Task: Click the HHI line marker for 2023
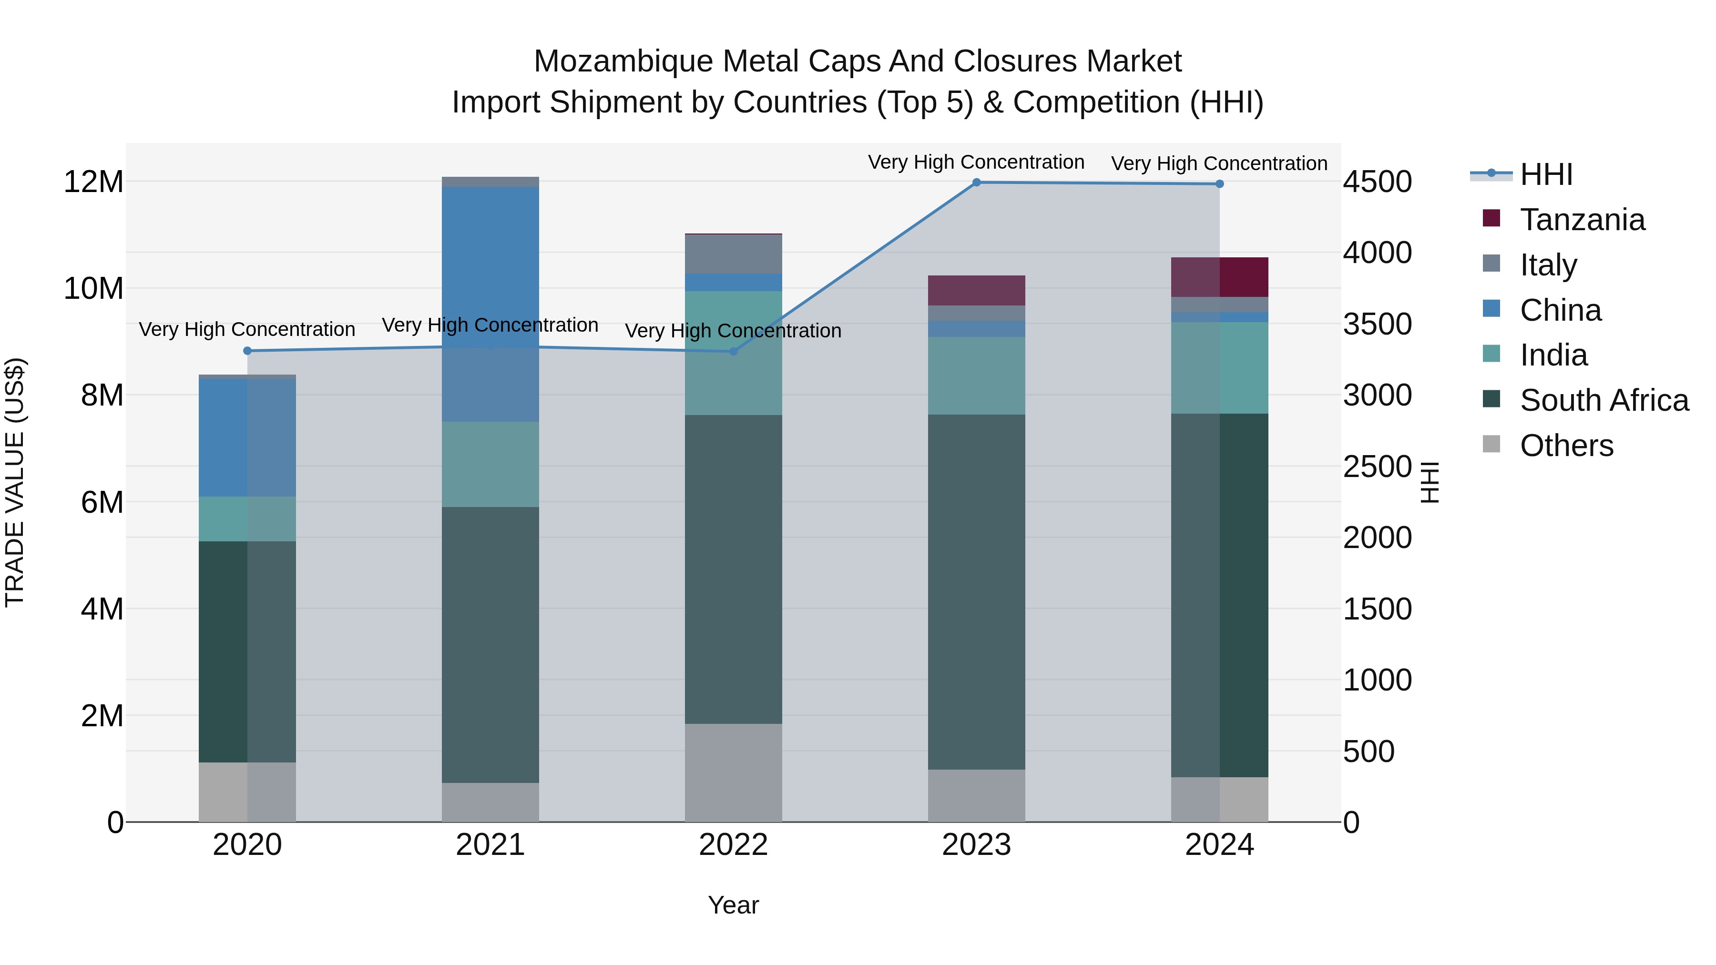click(977, 183)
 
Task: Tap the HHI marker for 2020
click(247, 351)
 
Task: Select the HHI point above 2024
click(1220, 184)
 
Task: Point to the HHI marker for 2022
click(734, 352)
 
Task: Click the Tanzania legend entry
click(1582, 220)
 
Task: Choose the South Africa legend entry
click(1604, 400)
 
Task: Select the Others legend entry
click(1566, 446)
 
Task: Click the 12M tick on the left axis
click(93, 182)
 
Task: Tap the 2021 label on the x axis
click(490, 845)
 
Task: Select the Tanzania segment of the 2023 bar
click(977, 290)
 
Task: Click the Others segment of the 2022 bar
click(734, 772)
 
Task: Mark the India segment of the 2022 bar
click(734, 353)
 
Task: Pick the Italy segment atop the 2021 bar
click(490, 182)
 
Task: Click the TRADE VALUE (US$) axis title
click(15, 482)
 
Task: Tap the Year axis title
click(734, 905)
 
